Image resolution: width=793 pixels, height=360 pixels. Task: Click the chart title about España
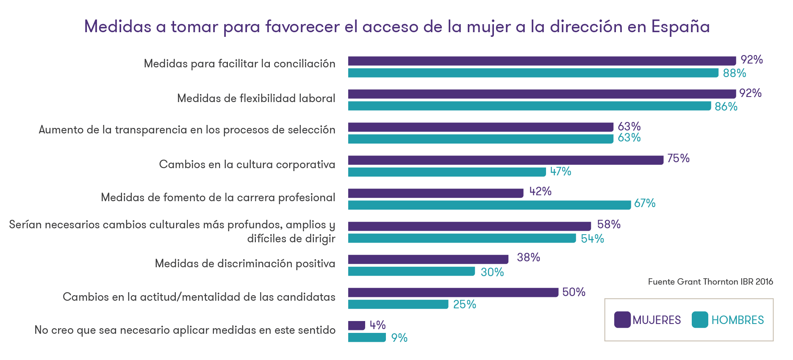coord(396,26)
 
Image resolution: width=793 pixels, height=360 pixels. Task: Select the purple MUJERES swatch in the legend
coord(622,320)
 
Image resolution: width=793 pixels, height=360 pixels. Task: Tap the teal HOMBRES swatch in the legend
coord(700,320)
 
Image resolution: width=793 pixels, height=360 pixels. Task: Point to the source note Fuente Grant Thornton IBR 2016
coord(710,282)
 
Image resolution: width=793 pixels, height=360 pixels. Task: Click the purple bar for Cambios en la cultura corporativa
coord(505,160)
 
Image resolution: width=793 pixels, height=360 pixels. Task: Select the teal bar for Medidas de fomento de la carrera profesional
coord(489,205)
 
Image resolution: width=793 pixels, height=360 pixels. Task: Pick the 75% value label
coord(678,158)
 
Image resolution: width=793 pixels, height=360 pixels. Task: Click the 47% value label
coord(560,171)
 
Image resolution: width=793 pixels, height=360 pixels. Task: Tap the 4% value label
coord(377,325)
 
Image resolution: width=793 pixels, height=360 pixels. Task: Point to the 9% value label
coord(399,338)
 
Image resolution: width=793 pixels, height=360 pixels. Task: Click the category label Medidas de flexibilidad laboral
coord(256,98)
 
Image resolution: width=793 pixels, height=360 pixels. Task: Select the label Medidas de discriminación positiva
coord(245,263)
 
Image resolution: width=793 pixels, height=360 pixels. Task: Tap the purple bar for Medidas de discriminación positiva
coord(428,259)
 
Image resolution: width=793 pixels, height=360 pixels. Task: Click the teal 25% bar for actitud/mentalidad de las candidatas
coord(398,304)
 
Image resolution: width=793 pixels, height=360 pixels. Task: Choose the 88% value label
coord(734,73)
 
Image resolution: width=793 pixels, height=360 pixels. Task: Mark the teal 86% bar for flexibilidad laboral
coord(530,106)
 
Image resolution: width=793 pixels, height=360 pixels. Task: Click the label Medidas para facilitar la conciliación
coord(239,64)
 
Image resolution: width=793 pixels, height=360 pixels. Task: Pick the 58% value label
coord(609,224)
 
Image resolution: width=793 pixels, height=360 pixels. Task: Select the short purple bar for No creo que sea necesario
coord(356,325)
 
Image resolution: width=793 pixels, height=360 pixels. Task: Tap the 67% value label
coord(645,203)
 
